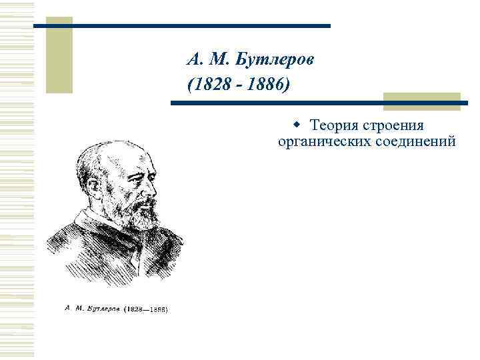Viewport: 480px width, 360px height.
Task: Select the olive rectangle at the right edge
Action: pos(422,100)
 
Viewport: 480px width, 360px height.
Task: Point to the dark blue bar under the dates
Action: pos(320,103)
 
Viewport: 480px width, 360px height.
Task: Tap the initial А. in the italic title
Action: pos(192,59)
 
